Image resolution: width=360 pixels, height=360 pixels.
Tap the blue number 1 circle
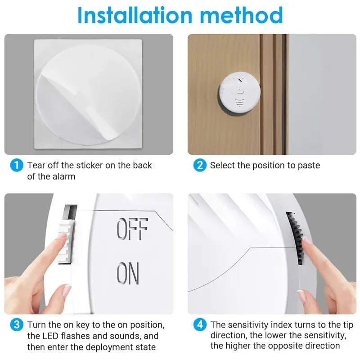pos(16,165)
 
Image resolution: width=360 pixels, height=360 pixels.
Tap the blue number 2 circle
pos(199,165)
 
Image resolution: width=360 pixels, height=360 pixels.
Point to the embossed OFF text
pos(132,229)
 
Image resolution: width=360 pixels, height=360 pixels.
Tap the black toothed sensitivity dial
pos(294,238)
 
